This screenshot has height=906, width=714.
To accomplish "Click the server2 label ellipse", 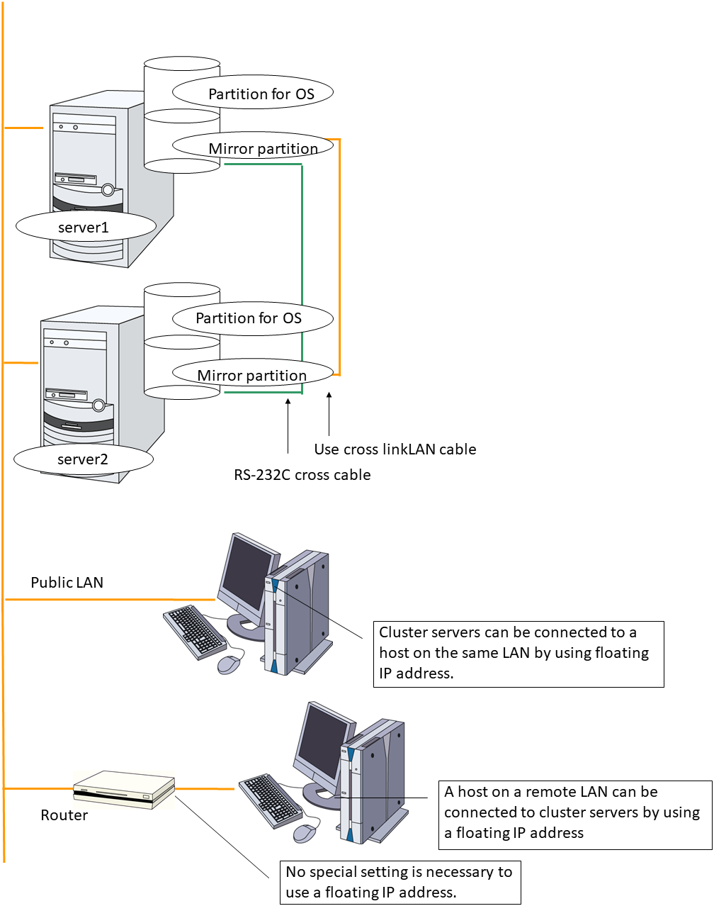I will click(84, 459).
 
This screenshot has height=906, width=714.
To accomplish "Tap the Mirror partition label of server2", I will click(253, 374).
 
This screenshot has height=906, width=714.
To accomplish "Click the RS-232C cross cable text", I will click(302, 475).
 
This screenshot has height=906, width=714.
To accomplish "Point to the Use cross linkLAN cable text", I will click(395, 449).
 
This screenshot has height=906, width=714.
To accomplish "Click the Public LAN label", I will click(67, 583).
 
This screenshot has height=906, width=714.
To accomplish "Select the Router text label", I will click(64, 815).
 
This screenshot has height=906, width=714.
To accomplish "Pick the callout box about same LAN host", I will click(518, 654).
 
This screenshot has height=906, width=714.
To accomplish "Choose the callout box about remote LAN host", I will click(575, 814).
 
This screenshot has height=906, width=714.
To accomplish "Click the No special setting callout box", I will click(400, 883).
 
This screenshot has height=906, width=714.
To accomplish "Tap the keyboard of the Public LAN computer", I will click(195, 631).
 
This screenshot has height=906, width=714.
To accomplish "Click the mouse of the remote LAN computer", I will click(305, 833).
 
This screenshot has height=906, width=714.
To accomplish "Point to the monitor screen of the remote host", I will click(322, 741).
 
